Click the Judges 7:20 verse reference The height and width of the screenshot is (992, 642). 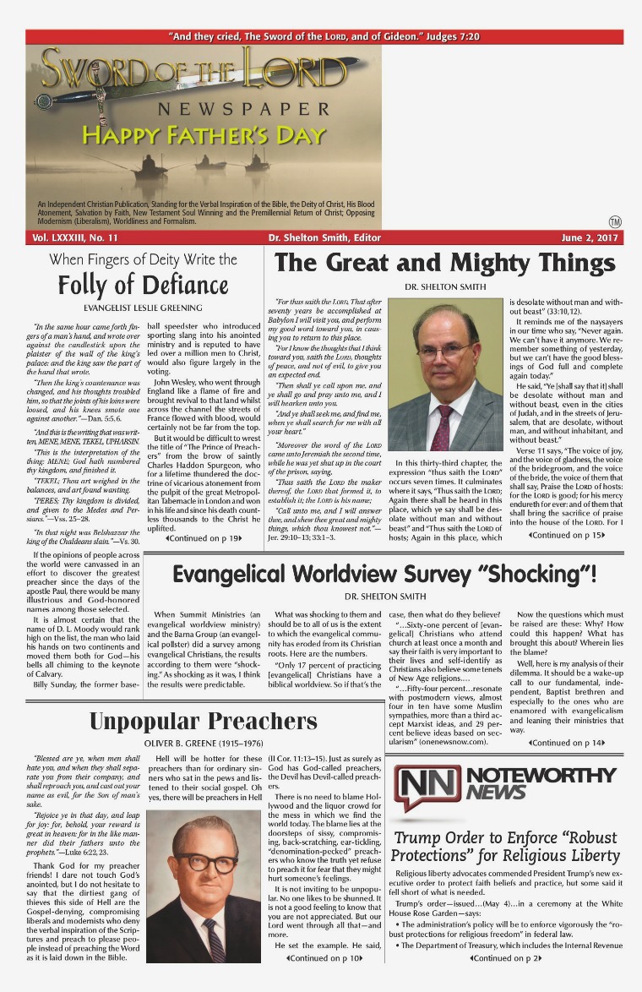[x=450, y=37]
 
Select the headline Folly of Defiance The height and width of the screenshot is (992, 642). [x=143, y=284]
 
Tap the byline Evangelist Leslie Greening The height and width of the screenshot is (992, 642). [x=143, y=308]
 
